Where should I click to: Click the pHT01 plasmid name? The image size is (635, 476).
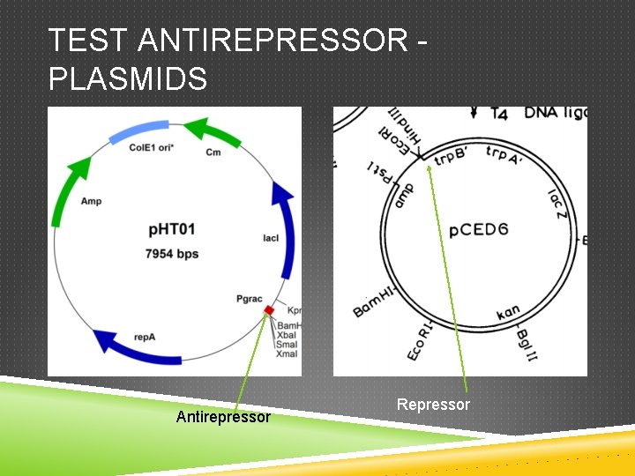point(172,230)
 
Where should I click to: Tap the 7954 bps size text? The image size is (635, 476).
point(172,254)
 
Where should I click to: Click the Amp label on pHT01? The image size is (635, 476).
point(91,201)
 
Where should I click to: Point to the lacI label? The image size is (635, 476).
point(271,238)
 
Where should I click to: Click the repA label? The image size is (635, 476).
point(146,336)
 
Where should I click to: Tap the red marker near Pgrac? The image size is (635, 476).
point(270,310)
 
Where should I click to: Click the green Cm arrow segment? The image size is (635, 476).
point(216,132)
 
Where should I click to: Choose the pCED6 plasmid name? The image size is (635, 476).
point(478,231)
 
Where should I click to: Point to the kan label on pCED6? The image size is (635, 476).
point(508,313)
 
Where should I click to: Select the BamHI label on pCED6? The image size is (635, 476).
point(372,301)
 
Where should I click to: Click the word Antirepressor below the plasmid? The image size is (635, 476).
point(223,416)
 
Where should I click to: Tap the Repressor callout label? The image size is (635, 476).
point(433,405)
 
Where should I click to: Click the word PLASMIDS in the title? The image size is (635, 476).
point(128,79)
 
